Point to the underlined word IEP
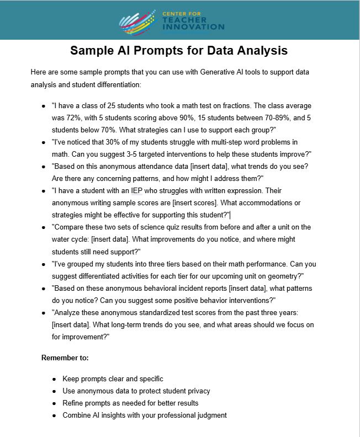[x=137, y=190]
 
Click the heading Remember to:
[x=65, y=358]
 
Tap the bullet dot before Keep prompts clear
[x=54, y=379]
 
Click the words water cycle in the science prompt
[x=71, y=239]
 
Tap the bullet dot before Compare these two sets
[x=44, y=227]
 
